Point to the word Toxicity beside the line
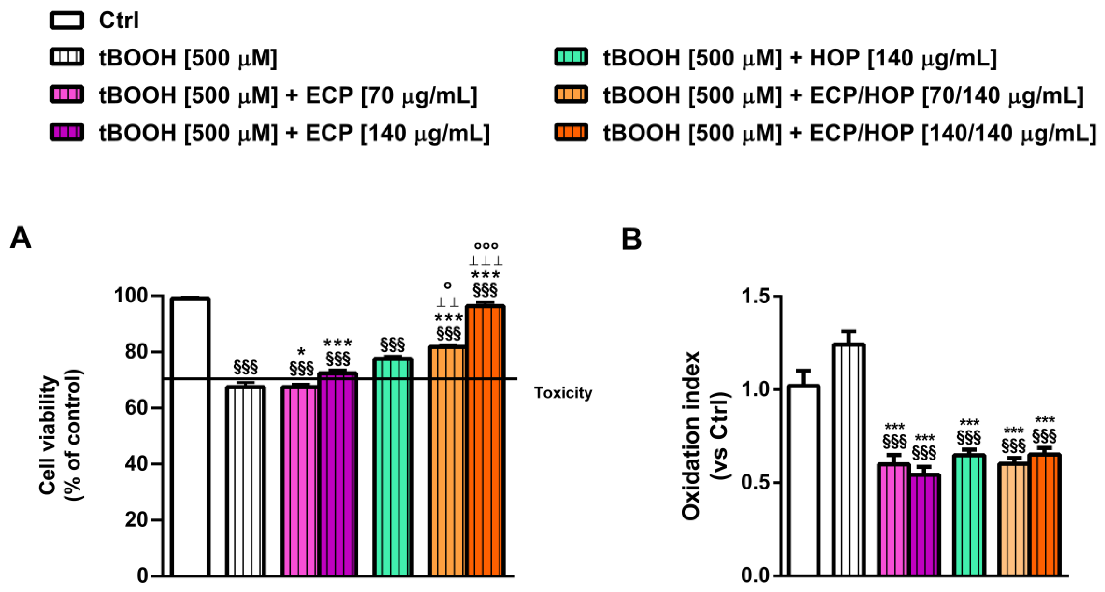pyautogui.click(x=562, y=392)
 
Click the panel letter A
pyautogui.click(x=20, y=238)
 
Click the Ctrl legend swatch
pyautogui.click(x=67, y=21)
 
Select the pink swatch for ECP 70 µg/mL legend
pyautogui.click(x=67, y=94)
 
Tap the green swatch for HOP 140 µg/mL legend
pyautogui.click(x=571, y=57)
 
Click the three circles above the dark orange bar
pyautogui.click(x=486, y=246)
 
